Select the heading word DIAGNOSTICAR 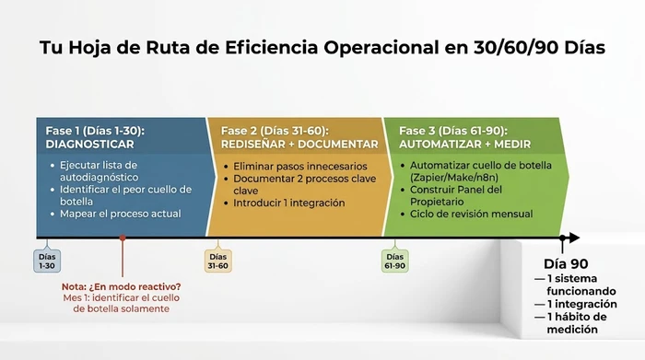point(89,145)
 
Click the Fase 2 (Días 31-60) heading point(274,131)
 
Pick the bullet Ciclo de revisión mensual point(472,214)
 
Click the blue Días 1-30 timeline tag point(47,261)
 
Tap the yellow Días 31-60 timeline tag point(218,261)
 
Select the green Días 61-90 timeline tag point(394,261)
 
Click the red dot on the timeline point(122,238)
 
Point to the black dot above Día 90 point(562,238)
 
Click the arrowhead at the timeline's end point(574,238)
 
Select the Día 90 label point(567,263)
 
